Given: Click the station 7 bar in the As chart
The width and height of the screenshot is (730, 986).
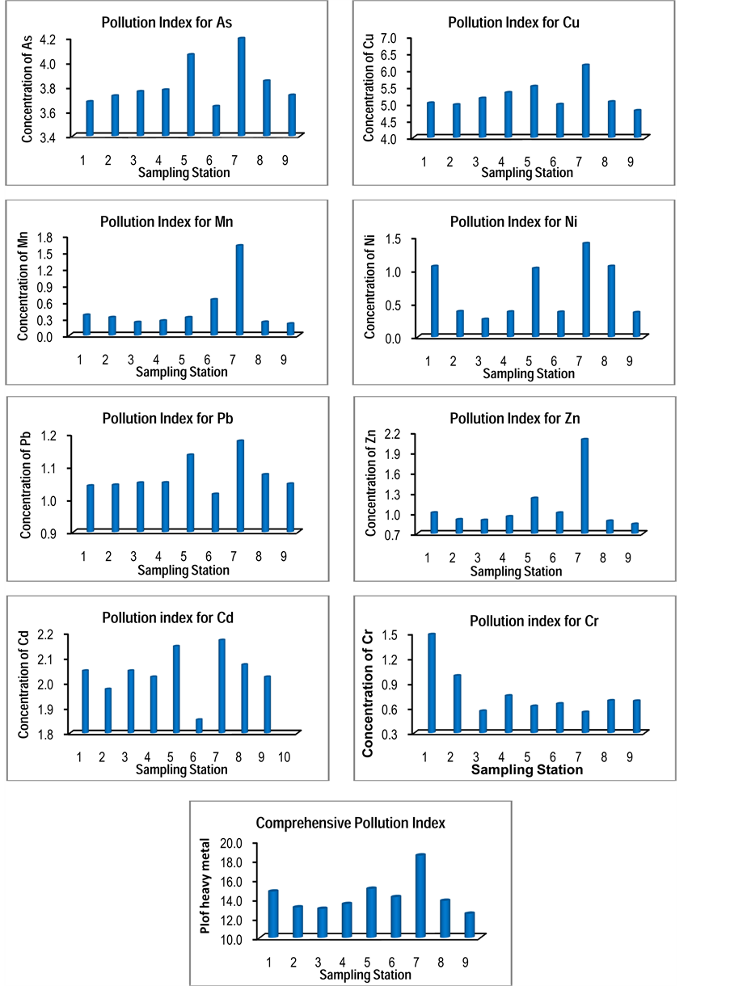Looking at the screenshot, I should pyautogui.click(x=241, y=86).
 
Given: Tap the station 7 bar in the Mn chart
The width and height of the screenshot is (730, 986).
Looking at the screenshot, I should pyautogui.click(x=239, y=289).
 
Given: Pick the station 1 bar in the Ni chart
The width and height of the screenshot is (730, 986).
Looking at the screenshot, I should pyautogui.click(x=434, y=300).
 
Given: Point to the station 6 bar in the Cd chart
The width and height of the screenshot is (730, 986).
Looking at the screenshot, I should pyautogui.click(x=199, y=726).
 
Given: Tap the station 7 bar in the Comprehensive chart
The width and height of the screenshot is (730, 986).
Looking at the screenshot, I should pyautogui.click(x=420, y=895).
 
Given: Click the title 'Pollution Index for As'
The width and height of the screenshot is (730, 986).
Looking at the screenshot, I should pyautogui.click(x=167, y=23).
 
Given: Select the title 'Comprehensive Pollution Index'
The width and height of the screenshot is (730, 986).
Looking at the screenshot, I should pyautogui.click(x=350, y=823).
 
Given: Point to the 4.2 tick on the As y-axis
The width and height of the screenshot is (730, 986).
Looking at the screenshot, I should pyautogui.click(x=48, y=40).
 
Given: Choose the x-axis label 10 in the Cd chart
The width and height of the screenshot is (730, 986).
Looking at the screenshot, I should pyautogui.click(x=284, y=757).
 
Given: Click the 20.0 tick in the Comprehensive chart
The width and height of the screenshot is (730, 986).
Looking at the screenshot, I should pyautogui.click(x=231, y=843).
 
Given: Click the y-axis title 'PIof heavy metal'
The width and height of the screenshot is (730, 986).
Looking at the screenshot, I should pyautogui.click(x=205, y=891).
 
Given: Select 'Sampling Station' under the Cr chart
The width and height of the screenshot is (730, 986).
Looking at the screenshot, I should pyautogui.click(x=526, y=769).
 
